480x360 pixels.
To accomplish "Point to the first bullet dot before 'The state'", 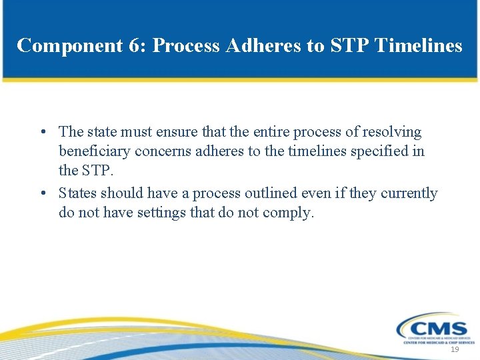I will (42, 132).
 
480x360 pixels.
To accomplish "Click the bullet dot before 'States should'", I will (42, 193).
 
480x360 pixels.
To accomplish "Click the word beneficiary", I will (93, 151).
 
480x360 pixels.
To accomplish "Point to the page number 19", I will (455, 350).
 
